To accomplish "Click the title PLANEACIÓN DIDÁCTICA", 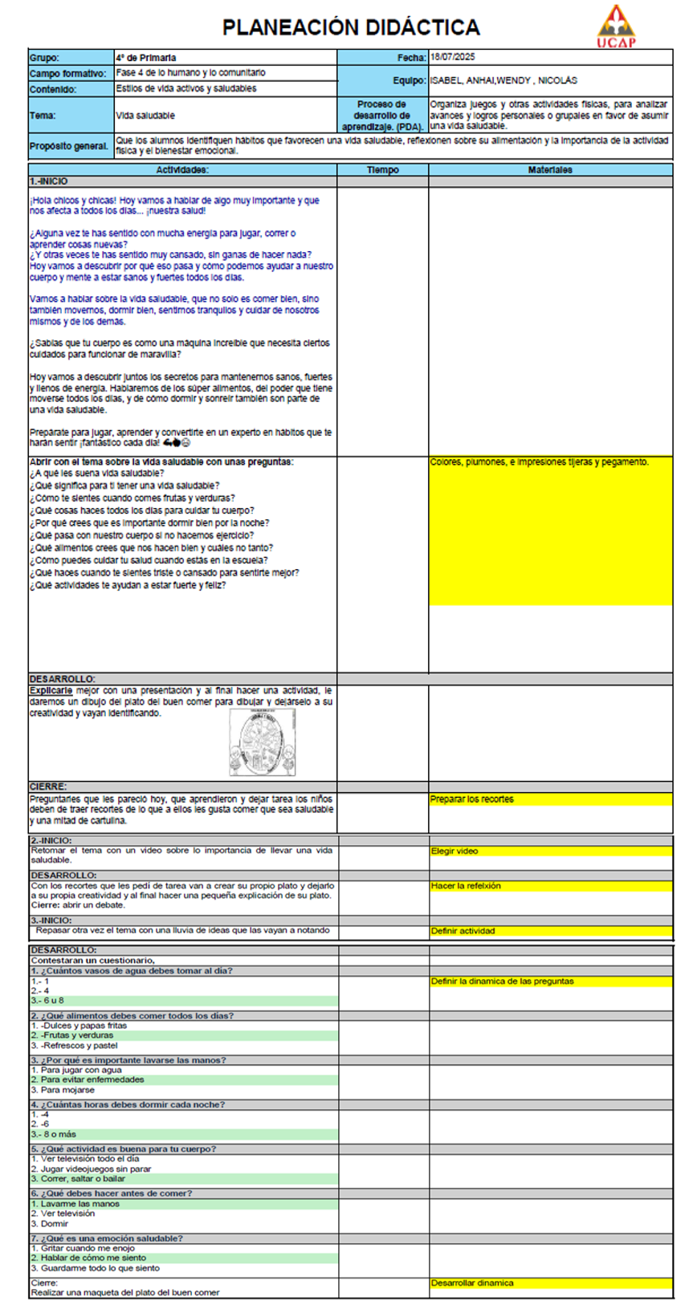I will click(x=351, y=27).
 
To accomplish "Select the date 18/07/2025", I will click(x=453, y=57).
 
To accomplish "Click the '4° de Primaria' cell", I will click(x=146, y=58).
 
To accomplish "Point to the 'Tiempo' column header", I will click(x=382, y=170).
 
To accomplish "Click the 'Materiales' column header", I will click(x=550, y=170).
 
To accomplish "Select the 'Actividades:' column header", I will click(x=182, y=170).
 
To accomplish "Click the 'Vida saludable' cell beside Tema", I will click(x=145, y=116).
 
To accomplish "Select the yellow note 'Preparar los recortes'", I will click(x=472, y=799).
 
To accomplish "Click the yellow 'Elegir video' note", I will click(x=455, y=851).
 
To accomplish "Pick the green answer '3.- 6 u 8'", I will click(x=48, y=1001).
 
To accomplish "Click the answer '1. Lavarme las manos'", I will click(x=75, y=1204).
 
